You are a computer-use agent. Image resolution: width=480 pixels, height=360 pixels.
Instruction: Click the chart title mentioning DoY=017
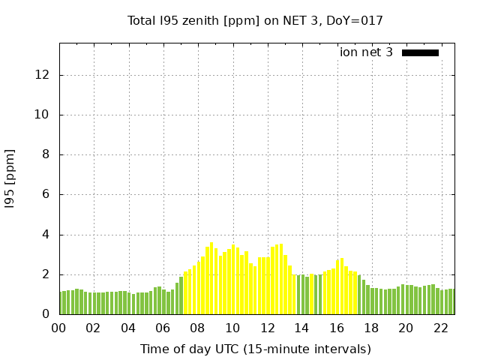(x=255, y=20)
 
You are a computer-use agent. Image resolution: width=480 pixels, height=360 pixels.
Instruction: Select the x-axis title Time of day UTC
(x=255, y=349)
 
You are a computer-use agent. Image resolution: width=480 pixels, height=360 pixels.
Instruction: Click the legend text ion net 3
(x=366, y=52)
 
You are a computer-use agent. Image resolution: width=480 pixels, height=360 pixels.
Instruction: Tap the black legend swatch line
(x=420, y=52)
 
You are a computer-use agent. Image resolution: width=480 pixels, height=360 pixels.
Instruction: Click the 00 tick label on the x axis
(x=58, y=328)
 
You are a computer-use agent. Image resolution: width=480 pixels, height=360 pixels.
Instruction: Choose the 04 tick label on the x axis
(x=128, y=328)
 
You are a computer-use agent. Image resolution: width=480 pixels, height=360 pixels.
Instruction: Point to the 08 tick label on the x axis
(x=197, y=328)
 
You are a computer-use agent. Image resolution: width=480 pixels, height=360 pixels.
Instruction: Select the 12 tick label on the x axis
(x=267, y=328)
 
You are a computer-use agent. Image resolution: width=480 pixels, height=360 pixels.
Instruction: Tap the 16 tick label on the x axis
(x=336, y=328)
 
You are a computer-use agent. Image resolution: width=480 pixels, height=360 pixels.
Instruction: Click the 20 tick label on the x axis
(x=406, y=328)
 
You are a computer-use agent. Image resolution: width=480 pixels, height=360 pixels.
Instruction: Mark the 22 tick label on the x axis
(x=440, y=328)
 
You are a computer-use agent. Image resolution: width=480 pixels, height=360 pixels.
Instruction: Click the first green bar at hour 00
(x=61, y=303)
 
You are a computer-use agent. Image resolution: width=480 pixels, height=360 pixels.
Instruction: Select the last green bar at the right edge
(x=452, y=302)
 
